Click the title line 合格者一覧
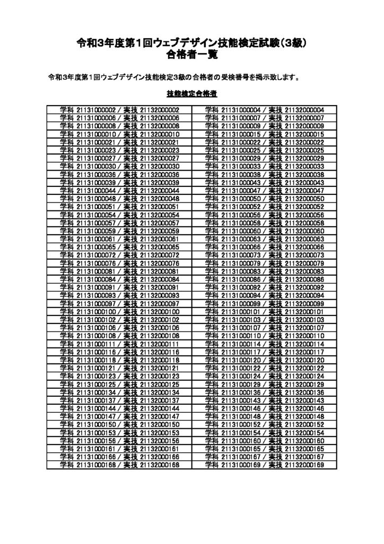(x=191, y=55)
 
